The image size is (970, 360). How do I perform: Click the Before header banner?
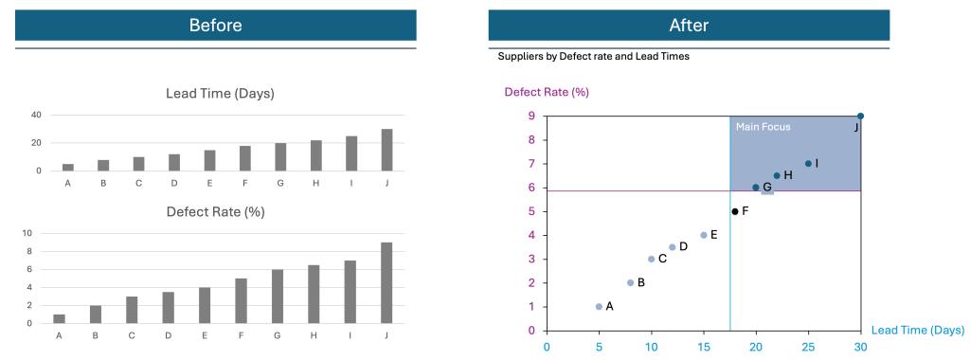click(x=215, y=26)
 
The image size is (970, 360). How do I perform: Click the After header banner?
click(x=689, y=26)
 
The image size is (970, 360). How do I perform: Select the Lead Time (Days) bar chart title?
click(x=220, y=93)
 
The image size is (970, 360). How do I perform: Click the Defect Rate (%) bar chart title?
click(x=215, y=211)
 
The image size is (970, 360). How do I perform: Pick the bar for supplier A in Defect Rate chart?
click(x=59, y=319)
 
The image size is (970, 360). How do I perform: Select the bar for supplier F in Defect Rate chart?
click(x=241, y=301)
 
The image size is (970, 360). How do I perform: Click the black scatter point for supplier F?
click(x=735, y=211)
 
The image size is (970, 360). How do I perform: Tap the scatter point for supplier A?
click(x=599, y=306)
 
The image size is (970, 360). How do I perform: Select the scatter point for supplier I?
click(x=808, y=163)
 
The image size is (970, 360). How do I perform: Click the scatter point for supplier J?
click(x=860, y=116)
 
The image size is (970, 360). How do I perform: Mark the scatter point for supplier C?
click(x=651, y=259)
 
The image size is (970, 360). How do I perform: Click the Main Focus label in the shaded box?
click(x=763, y=127)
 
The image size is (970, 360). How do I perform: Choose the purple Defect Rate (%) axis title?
click(x=547, y=92)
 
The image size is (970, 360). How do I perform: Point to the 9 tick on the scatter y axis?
click(x=533, y=117)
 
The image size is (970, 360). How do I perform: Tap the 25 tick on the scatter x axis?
click(x=808, y=347)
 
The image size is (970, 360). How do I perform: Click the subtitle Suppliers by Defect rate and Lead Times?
click(x=593, y=57)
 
